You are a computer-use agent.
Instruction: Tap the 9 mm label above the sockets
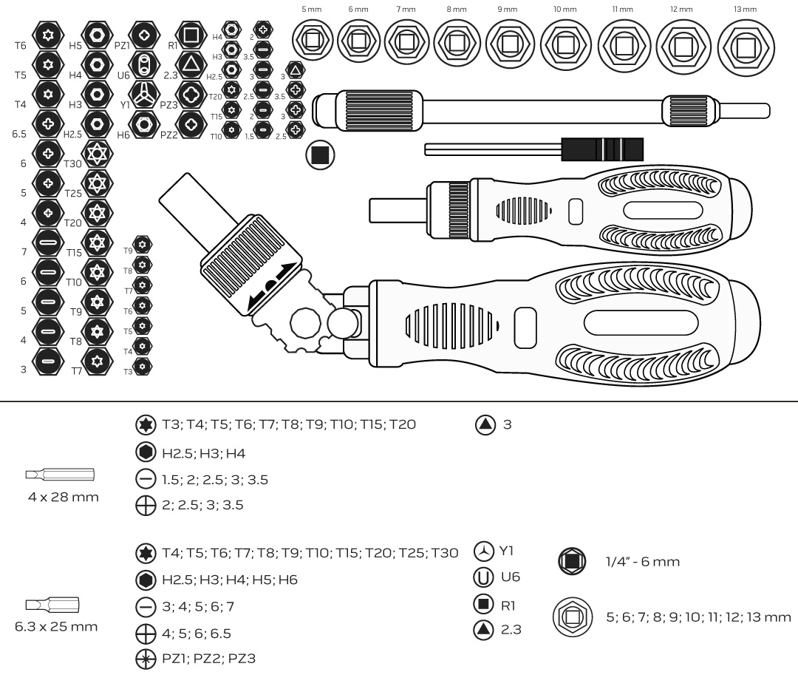[506, 9]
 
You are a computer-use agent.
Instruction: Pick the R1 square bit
[191, 35]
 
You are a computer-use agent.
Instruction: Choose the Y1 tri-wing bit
[143, 94]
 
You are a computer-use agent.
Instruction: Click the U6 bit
[143, 64]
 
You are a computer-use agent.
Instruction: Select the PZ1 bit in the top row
[143, 35]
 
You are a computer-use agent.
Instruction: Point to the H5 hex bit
[96, 35]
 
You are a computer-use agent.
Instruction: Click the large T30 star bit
[96, 153]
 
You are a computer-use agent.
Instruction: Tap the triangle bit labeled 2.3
[191, 64]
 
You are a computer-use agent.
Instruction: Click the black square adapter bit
[320, 154]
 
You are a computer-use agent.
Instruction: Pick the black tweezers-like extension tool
[533, 149]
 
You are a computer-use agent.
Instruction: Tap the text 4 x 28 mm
[63, 497]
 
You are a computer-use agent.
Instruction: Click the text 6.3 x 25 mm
[56, 627]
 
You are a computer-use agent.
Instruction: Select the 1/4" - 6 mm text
[642, 562]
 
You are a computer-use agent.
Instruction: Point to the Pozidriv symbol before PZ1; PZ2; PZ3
[146, 658]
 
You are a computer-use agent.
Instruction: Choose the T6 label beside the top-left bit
[20, 46]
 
